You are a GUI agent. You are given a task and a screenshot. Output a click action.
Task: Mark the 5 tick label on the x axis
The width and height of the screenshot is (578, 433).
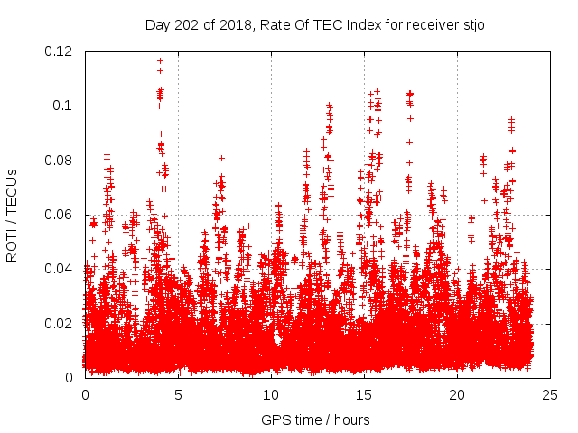(x=178, y=394)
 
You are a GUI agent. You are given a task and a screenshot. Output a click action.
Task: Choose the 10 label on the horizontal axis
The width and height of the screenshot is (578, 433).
(x=271, y=394)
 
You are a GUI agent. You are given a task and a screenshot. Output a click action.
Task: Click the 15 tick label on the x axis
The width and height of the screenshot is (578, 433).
(x=364, y=394)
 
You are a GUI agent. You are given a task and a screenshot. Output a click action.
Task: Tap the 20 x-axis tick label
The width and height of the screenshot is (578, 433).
(x=457, y=394)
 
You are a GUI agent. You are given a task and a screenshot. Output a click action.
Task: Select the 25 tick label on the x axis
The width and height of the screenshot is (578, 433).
(x=550, y=394)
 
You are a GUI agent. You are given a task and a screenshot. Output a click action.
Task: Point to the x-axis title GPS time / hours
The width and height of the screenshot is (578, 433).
(x=315, y=419)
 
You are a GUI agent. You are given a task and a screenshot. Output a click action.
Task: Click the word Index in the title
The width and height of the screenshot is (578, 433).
(x=351, y=24)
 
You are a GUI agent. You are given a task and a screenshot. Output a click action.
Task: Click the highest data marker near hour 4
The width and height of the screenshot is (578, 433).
(x=160, y=61)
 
